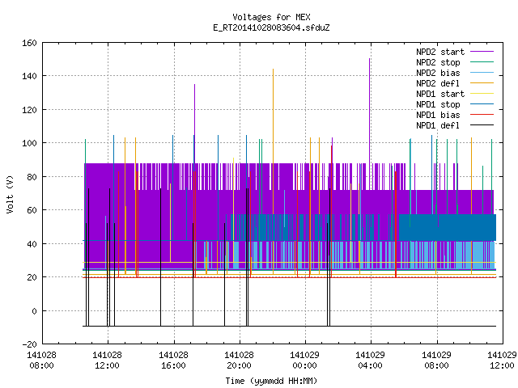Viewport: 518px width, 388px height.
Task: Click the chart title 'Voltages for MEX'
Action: (271, 17)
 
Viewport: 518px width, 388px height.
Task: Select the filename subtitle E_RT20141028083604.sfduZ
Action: (271, 27)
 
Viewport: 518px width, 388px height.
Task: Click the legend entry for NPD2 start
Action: (455, 52)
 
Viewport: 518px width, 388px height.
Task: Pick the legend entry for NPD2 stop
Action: (455, 62)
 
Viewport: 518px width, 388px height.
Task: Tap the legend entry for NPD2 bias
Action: (455, 73)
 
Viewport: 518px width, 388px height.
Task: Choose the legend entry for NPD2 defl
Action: (455, 83)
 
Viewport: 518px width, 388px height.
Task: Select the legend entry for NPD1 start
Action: (455, 94)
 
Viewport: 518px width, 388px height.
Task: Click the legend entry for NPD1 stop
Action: (455, 104)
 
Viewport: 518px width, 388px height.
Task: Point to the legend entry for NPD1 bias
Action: (455, 115)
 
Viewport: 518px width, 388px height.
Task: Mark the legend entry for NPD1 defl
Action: (455, 125)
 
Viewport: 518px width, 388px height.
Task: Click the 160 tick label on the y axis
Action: (29, 43)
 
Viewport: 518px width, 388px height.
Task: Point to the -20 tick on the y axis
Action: (29, 344)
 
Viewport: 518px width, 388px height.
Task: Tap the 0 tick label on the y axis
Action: (34, 310)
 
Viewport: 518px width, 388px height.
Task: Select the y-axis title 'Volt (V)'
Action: (10, 194)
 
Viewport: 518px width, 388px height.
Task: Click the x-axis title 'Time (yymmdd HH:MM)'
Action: (271, 381)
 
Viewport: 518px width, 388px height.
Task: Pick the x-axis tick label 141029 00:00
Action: (304, 361)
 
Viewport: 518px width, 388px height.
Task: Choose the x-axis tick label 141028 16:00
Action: (173, 361)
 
